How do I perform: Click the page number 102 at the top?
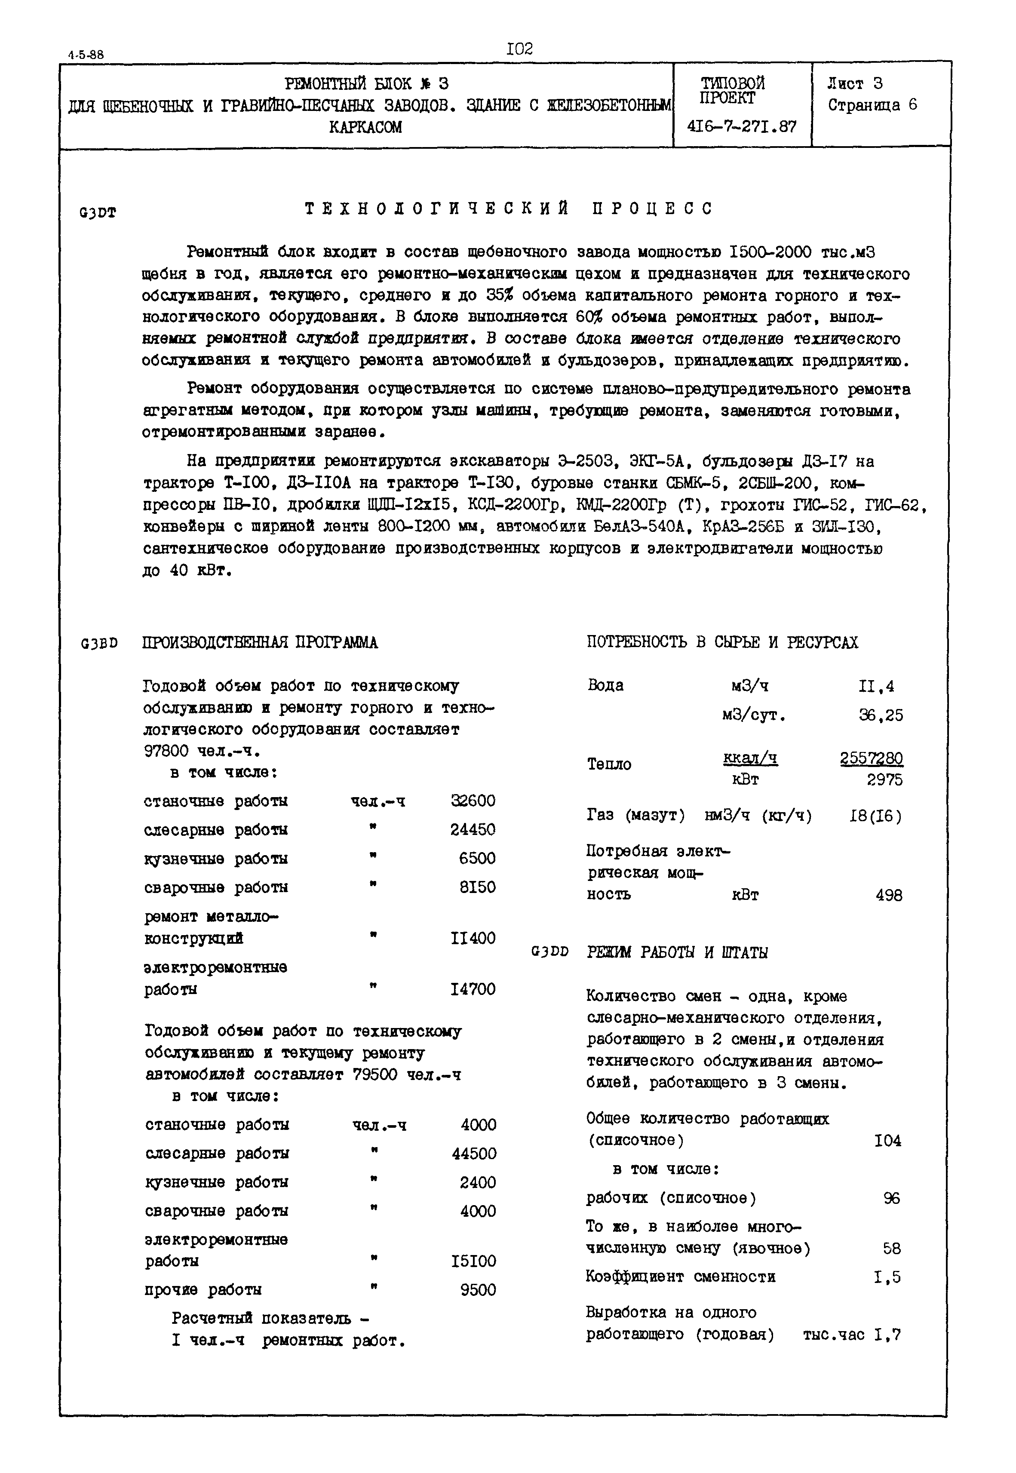pos(519,49)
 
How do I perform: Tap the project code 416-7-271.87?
pos(742,127)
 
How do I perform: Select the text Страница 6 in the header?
pos(872,105)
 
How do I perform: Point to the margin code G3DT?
pos(98,213)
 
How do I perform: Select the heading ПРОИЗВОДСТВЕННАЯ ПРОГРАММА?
pos(260,643)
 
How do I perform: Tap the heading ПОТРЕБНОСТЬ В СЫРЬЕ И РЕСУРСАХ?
pos(722,642)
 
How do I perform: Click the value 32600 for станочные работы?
pos(473,801)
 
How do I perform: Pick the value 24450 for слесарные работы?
pos(473,829)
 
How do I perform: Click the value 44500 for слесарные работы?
pos(474,1154)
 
